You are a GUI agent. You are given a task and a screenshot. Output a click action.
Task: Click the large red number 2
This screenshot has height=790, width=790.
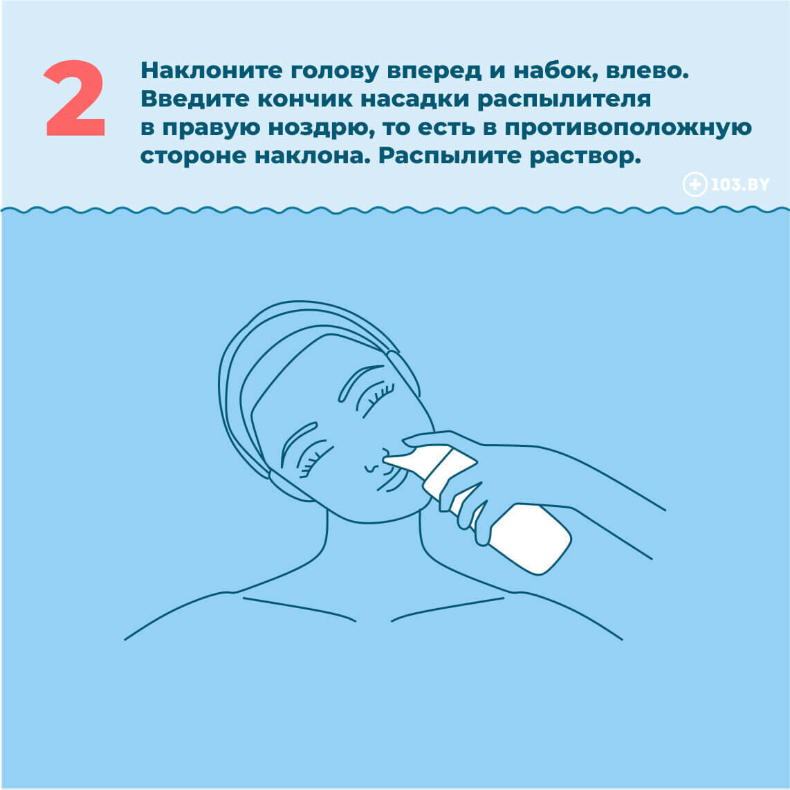tap(75, 98)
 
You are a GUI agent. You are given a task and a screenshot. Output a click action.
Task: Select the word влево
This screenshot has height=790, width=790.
tap(647, 71)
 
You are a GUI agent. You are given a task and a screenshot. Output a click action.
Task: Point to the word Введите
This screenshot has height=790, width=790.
tap(194, 99)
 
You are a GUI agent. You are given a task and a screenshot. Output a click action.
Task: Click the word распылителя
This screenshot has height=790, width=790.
tap(564, 100)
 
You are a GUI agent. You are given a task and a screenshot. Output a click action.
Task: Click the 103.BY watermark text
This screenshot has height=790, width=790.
tap(740, 185)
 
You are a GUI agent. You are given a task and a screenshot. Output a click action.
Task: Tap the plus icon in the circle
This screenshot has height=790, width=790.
tap(695, 185)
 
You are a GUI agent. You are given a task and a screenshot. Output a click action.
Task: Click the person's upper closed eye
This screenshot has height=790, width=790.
tap(376, 399)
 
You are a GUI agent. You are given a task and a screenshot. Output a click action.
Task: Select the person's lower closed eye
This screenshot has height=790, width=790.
tap(315, 458)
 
